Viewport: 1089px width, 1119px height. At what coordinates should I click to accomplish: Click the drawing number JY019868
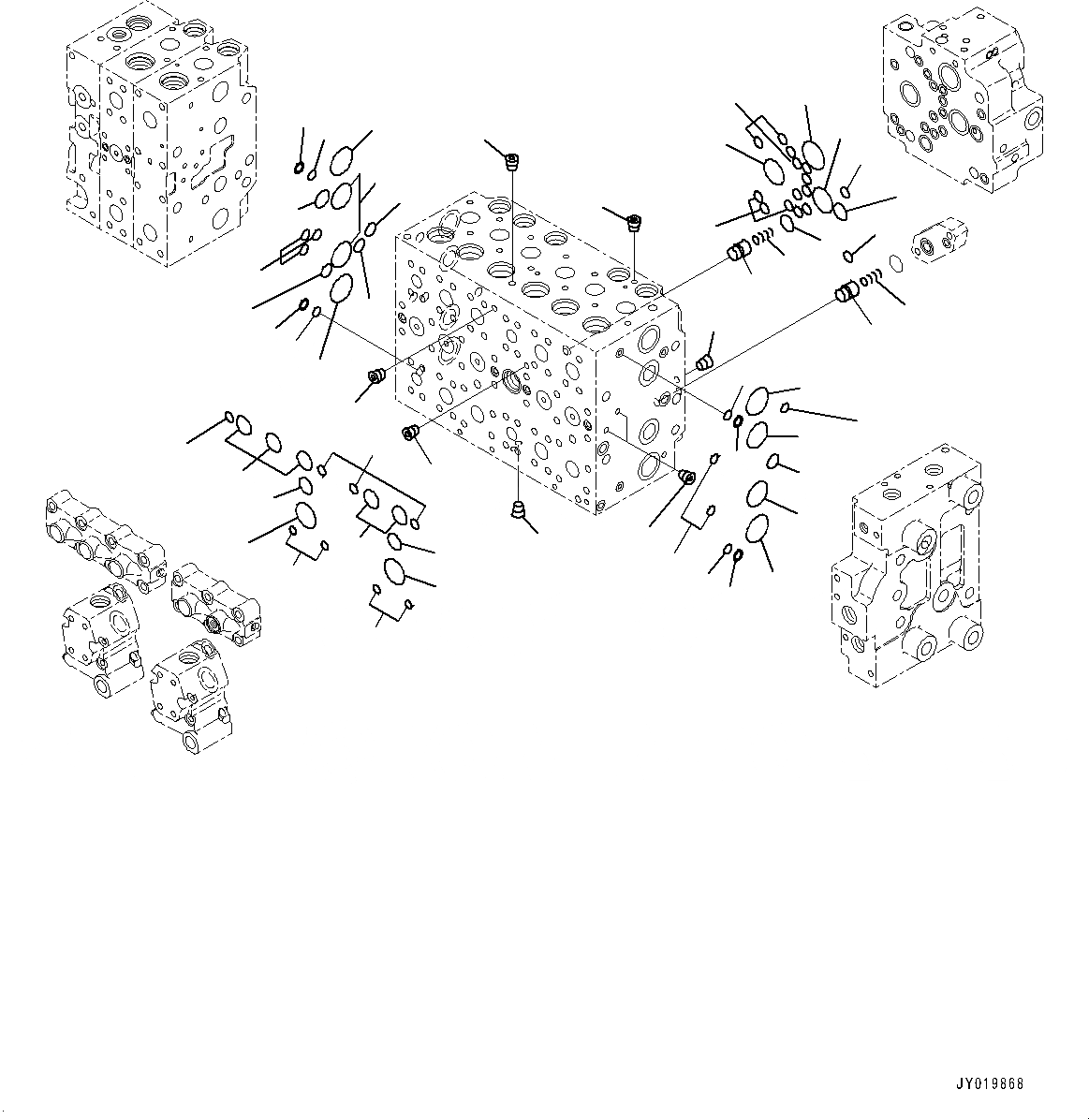coord(991,1083)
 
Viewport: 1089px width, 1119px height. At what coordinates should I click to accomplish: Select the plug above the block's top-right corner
coord(635,224)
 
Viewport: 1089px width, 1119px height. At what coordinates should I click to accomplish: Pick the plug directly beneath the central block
coord(517,510)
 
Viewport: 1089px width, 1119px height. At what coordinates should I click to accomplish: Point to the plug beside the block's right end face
coord(705,361)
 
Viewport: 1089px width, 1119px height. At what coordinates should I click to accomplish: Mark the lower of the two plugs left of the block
coord(409,432)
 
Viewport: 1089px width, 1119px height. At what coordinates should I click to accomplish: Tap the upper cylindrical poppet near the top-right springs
coord(740,251)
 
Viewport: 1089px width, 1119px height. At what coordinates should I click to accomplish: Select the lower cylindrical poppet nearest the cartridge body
coord(846,294)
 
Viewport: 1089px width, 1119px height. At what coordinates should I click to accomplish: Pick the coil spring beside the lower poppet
coord(873,278)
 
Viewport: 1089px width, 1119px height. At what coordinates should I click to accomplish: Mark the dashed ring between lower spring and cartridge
coord(896,265)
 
